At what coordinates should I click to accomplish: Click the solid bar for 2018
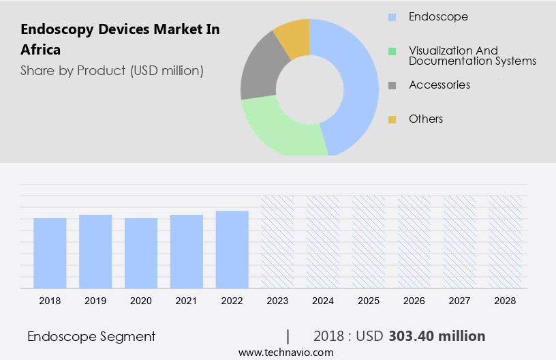click(50, 253)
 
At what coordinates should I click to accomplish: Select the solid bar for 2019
click(95, 251)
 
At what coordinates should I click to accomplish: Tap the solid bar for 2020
click(141, 253)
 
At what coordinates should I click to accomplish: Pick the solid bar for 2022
click(232, 249)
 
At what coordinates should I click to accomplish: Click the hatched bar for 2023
click(278, 241)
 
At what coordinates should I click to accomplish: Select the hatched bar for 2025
click(369, 241)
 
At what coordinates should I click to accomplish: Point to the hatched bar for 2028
click(506, 241)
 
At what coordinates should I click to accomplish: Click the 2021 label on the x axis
click(187, 300)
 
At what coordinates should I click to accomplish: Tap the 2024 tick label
click(324, 300)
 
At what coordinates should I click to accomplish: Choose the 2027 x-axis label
click(460, 300)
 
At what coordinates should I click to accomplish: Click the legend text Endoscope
click(438, 16)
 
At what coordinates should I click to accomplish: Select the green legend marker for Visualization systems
click(392, 51)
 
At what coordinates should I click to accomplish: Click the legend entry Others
click(426, 119)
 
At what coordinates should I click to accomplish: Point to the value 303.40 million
click(437, 336)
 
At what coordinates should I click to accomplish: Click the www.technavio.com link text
click(285, 352)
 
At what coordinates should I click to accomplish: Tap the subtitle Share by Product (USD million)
click(112, 70)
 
